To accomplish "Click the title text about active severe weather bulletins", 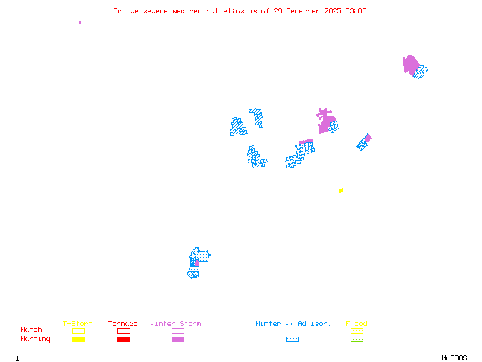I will point(240,11).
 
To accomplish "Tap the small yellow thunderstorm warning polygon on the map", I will point(341,191).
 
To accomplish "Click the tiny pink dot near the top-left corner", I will point(80,22).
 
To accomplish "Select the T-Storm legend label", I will point(78,323).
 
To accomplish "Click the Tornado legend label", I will point(123,323).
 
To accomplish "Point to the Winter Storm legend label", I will point(175,323).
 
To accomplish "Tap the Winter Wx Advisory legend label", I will point(293,323).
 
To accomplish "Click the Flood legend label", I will point(357,323).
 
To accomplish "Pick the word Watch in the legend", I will point(31,330).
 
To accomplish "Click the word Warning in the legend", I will point(36,339).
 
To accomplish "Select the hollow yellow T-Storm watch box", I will point(78,331).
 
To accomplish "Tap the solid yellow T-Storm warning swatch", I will point(78,339).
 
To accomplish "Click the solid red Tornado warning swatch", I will point(124,339).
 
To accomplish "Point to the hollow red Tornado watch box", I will point(124,331).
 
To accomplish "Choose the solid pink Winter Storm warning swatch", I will point(178,339).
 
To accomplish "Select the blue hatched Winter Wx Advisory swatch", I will point(292,339).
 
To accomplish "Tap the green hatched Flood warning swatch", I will point(357,339).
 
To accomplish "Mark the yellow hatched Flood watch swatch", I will point(357,331).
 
